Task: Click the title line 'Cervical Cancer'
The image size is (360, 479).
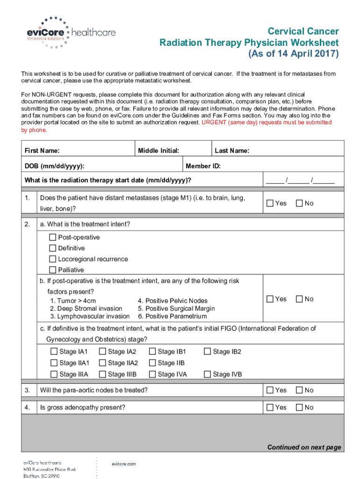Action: pos(303,31)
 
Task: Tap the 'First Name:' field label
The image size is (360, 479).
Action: pos(42,151)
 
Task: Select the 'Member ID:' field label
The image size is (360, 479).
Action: pos(203,166)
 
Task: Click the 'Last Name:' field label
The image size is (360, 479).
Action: pos(231,151)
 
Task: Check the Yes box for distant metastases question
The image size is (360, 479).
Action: pos(270,203)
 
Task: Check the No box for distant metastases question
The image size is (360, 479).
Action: pos(299,203)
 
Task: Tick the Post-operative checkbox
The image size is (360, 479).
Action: pos(53,237)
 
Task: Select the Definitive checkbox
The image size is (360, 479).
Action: pos(53,248)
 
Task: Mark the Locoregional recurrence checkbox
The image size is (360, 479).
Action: pos(53,259)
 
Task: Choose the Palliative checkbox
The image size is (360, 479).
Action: pos(53,270)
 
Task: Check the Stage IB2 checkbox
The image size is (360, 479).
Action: pos(208,351)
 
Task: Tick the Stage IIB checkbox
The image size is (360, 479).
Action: pos(152,363)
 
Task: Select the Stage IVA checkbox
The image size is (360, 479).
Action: pos(152,374)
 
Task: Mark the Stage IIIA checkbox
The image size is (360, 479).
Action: pos(54,374)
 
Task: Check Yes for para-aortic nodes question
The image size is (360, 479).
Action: pos(270,390)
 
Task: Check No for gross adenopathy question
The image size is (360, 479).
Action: pos(299,407)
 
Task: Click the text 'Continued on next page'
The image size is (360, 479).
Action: pos(304,447)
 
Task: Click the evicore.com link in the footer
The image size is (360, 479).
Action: pos(124,464)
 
